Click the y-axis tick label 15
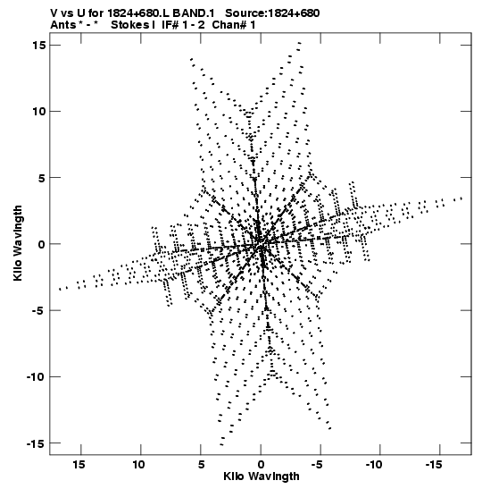pos(39,46)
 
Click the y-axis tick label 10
pos(39,112)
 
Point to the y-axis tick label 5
pos(42,178)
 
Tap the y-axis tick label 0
pos(42,244)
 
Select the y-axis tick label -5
pos(39,310)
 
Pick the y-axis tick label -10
pos(36,377)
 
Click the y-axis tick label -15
pos(36,443)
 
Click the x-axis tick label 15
pos(79,465)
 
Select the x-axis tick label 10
pos(139,465)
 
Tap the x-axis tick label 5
pos(202,465)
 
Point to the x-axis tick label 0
pos(261,465)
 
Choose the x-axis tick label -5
pos(317,465)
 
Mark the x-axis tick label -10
pos(374,465)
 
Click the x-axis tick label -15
pos(434,465)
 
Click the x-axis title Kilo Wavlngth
pos(262,476)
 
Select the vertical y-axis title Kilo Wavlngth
pos(18,243)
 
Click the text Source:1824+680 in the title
pos(272,13)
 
